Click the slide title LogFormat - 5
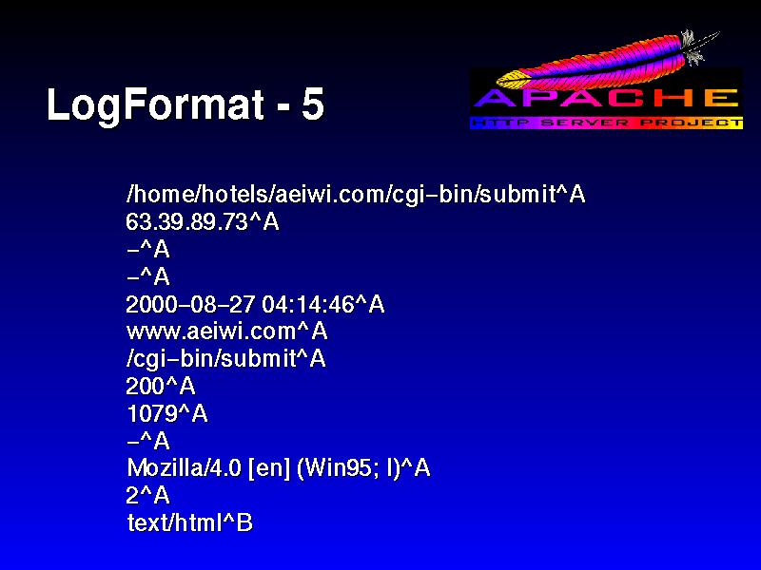(185, 104)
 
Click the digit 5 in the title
(312, 104)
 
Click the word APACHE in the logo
(606, 99)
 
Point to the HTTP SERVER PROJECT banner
(606, 123)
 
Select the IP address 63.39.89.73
(187, 222)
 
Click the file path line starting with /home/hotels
(355, 194)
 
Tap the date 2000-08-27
(190, 304)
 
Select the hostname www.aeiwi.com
(211, 332)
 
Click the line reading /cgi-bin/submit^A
(225, 359)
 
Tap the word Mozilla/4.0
(184, 468)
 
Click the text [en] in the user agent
(269, 468)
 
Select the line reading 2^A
(147, 495)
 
